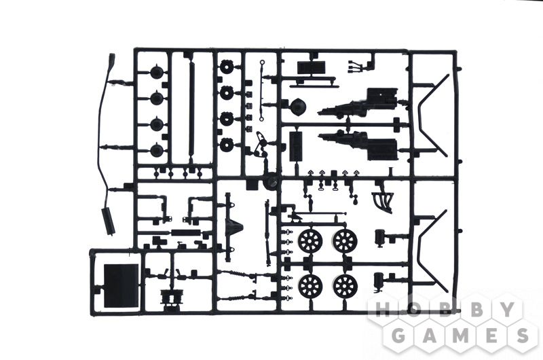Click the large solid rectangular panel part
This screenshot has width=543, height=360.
coord(121,286)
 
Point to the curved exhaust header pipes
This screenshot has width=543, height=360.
coord(383,200)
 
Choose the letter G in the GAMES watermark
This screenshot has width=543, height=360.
coord(400,335)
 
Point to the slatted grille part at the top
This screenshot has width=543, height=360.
coord(312,68)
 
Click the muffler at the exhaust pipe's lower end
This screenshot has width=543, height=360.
coord(108,221)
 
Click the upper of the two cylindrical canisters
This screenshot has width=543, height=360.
coord(380,237)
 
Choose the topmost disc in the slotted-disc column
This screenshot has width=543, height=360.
coord(227,67)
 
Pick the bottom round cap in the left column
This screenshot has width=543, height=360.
coord(157,149)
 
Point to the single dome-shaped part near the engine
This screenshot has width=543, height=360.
coord(297,107)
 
